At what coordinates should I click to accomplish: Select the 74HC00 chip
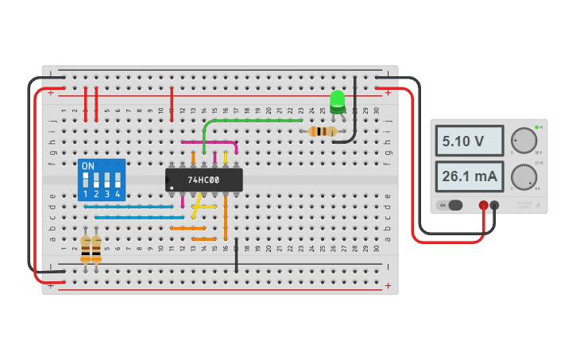204,180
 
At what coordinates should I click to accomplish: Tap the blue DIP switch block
101,180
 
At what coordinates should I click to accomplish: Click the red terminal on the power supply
483,205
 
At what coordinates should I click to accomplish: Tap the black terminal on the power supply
494,205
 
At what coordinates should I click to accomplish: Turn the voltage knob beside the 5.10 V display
523,140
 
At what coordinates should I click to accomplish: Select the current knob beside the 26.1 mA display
523,176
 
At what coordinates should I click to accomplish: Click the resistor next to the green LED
322,131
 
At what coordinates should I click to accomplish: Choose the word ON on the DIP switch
88,166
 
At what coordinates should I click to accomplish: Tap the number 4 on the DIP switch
117,194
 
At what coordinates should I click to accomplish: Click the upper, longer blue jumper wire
129,207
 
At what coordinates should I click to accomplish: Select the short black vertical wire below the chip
236,256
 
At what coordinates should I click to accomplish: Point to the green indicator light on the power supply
537,127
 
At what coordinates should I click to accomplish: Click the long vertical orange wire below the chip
226,215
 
